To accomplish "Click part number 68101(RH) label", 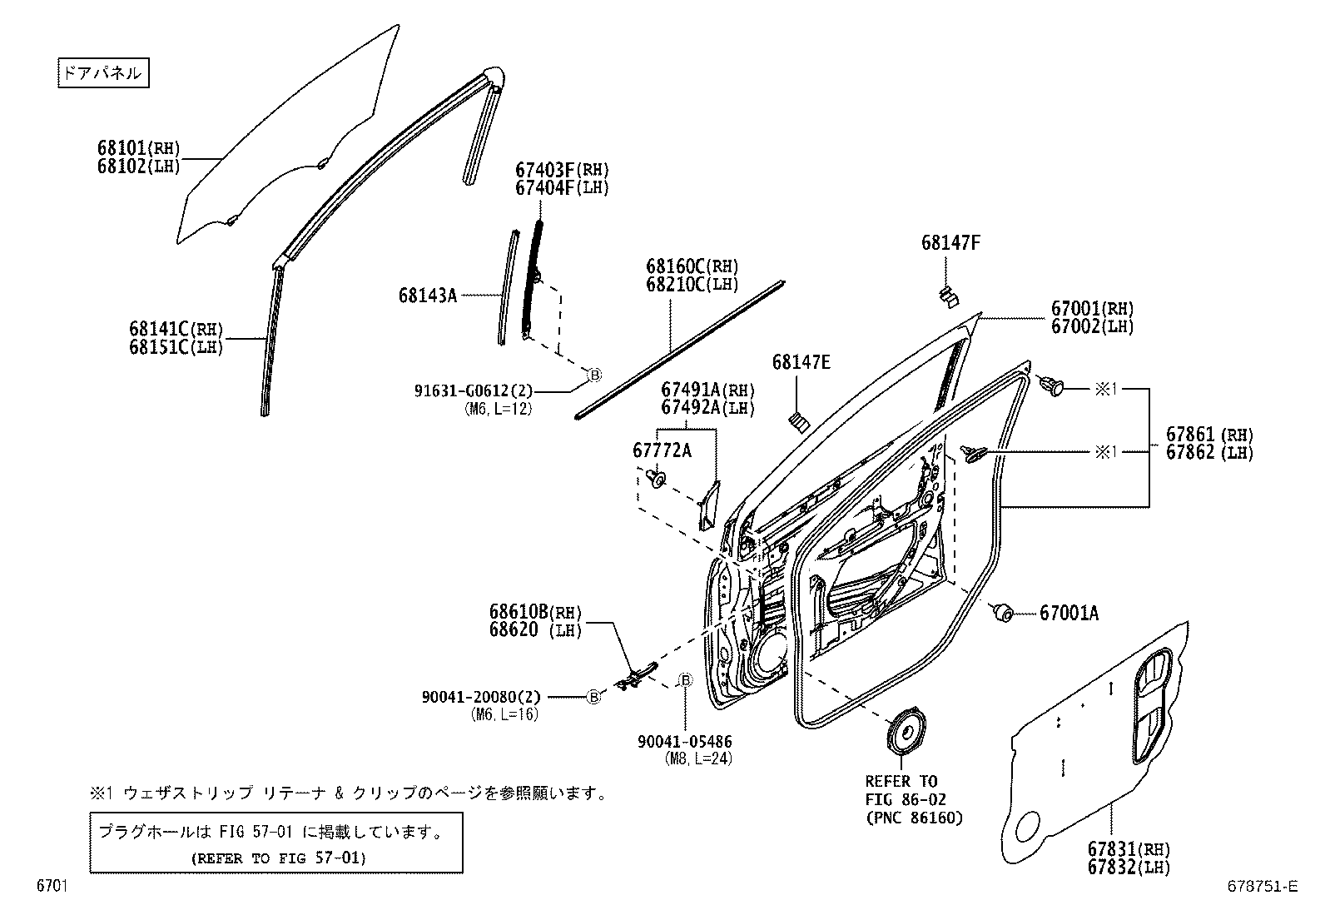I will (138, 148).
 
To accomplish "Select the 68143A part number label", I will (428, 295).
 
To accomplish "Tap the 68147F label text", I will (950, 242).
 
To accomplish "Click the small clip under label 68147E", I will (799, 422).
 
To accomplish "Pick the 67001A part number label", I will (1069, 614).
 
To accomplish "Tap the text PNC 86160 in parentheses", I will (913, 818).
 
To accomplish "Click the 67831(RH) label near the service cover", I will (1128, 849).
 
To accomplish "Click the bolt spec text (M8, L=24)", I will (697, 758).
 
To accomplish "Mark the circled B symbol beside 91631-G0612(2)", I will (594, 375).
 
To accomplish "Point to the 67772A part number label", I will (662, 450).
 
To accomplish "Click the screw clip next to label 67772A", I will (657, 479).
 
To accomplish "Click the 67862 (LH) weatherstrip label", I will (1208, 452).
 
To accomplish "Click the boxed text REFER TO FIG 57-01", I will (278, 858).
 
